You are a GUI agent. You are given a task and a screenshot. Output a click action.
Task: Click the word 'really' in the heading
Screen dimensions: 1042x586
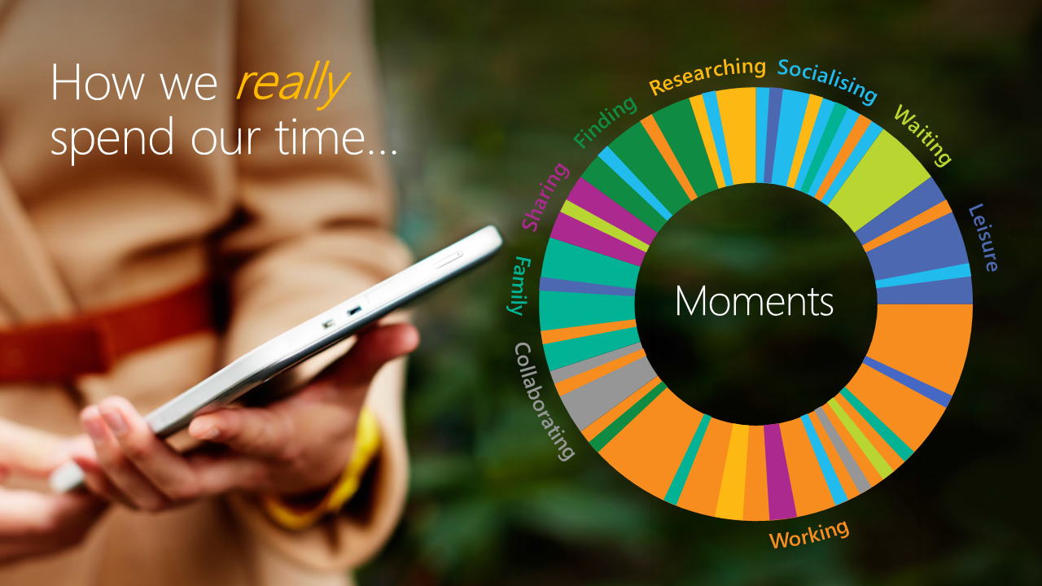292,84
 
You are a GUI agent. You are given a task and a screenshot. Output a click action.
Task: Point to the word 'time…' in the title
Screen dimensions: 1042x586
337,137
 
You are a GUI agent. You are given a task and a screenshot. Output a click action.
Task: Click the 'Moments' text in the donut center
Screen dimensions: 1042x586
754,301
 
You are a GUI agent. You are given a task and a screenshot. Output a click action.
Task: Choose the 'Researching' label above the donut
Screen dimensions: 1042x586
707,76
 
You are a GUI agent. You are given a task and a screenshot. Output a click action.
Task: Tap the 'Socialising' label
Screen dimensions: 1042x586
828,81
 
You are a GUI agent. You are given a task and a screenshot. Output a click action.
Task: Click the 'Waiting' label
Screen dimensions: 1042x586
922,135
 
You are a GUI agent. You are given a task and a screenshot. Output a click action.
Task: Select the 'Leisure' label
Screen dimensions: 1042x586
983,238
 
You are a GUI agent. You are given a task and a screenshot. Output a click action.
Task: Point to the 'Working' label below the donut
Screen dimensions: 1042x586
809,535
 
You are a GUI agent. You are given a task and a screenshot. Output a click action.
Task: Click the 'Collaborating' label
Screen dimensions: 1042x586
543,401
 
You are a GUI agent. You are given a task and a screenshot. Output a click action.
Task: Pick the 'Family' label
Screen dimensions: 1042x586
519,286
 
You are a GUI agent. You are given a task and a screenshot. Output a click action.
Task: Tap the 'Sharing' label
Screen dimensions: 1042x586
545,197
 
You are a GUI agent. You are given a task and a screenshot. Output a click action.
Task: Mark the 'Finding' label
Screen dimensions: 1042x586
605,122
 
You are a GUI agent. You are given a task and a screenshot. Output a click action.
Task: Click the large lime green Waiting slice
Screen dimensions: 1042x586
879,179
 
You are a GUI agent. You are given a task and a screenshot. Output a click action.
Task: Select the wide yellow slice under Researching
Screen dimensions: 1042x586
737,135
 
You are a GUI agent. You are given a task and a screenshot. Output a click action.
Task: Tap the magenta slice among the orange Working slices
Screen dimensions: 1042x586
780,471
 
